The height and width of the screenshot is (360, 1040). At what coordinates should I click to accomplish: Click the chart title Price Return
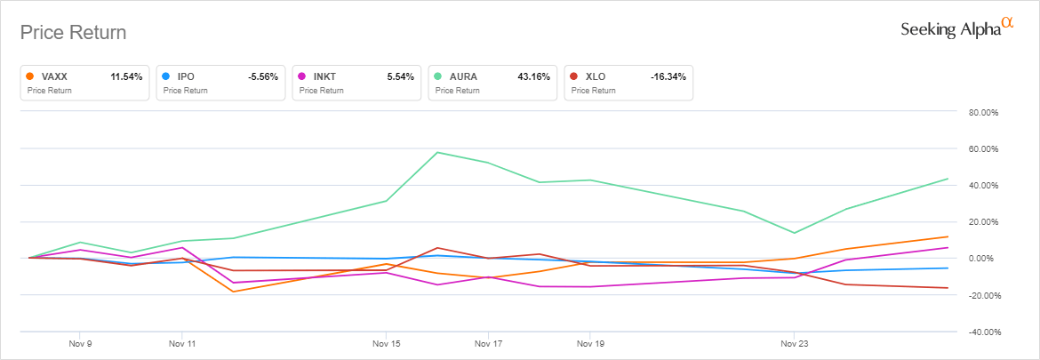click(x=73, y=33)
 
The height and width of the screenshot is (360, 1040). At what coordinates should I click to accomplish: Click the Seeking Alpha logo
click(x=956, y=28)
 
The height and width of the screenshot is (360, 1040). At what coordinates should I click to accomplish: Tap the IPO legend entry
click(x=220, y=83)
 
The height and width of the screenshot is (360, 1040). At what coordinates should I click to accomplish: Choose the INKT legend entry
click(x=356, y=83)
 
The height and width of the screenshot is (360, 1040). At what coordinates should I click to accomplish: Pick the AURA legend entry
click(x=492, y=83)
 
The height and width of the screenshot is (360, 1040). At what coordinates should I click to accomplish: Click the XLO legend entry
click(x=628, y=83)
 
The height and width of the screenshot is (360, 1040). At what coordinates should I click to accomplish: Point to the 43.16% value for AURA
click(x=534, y=77)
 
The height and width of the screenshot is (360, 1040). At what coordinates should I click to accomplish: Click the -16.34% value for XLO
click(x=668, y=77)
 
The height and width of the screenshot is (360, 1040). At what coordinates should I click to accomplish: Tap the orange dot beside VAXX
click(x=32, y=77)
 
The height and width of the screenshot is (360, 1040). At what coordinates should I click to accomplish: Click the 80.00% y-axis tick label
click(x=985, y=113)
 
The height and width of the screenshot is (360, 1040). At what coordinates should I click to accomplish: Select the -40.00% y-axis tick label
click(x=985, y=332)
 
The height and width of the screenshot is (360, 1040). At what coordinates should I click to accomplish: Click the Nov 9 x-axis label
click(x=80, y=341)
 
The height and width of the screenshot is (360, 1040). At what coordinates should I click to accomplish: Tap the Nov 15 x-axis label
click(x=386, y=341)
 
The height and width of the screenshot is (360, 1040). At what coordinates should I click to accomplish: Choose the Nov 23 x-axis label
click(x=794, y=341)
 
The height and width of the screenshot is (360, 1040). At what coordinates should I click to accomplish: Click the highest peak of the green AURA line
click(x=437, y=152)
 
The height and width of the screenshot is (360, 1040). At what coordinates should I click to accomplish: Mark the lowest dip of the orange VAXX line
click(x=234, y=292)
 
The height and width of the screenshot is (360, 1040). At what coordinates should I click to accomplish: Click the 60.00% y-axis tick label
click(x=985, y=149)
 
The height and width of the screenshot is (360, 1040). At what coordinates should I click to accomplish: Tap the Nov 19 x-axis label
click(x=589, y=341)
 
